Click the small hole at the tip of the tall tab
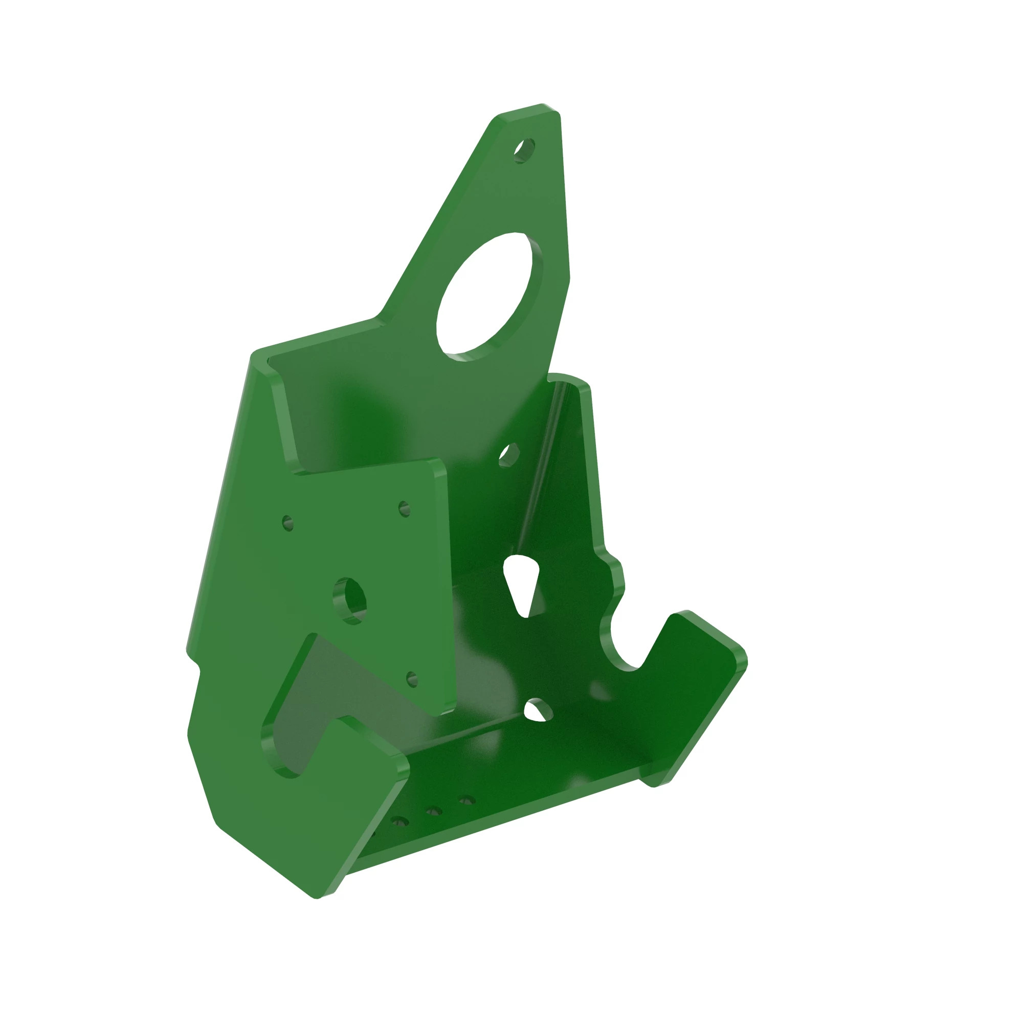524,150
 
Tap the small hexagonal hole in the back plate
508,455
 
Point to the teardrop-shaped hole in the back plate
521,584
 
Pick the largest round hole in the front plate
350,601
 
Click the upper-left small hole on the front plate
288,523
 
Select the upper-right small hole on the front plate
405,509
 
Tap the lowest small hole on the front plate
412,679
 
